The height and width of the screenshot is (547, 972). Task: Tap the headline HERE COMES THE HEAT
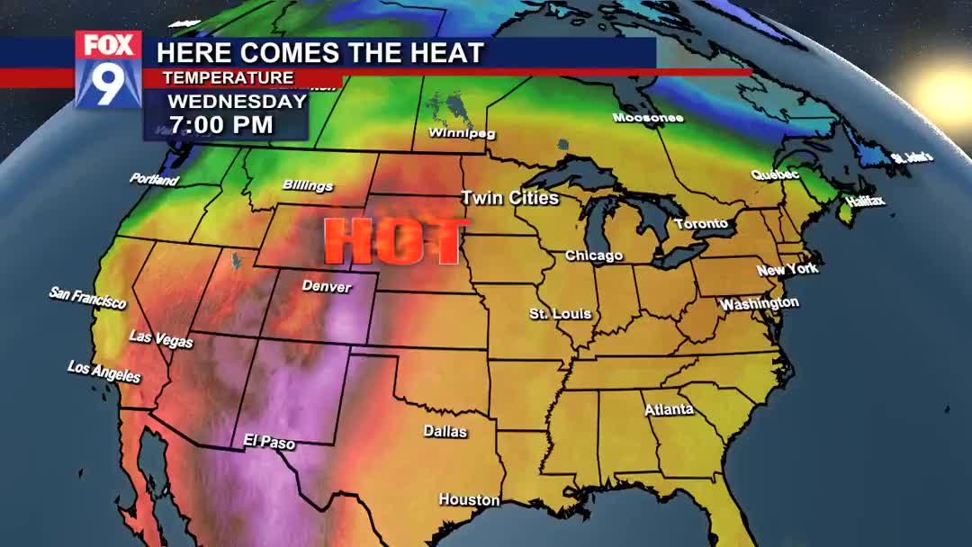[321, 53]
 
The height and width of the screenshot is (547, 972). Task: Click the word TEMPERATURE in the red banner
[229, 78]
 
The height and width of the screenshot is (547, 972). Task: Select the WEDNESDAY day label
[238, 101]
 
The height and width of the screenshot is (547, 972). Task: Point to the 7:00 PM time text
[220, 123]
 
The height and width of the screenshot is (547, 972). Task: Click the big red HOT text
[393, 241]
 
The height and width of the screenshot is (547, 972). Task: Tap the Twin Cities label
[509, 198]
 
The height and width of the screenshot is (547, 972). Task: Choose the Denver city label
[327, 286]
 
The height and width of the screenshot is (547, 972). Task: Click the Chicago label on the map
[593, 256]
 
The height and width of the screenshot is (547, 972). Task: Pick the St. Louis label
[560, 314]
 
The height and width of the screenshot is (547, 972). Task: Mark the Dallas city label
[445, 432]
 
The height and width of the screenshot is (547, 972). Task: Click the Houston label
[469, 499]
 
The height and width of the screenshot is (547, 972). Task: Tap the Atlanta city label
[669, 409]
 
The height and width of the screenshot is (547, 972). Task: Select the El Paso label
[269, 442]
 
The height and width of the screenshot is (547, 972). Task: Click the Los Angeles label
[104, 371]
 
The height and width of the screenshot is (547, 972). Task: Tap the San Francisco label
[87, 298]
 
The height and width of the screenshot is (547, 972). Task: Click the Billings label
[308, 185]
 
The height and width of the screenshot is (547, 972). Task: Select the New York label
[787, 269]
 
